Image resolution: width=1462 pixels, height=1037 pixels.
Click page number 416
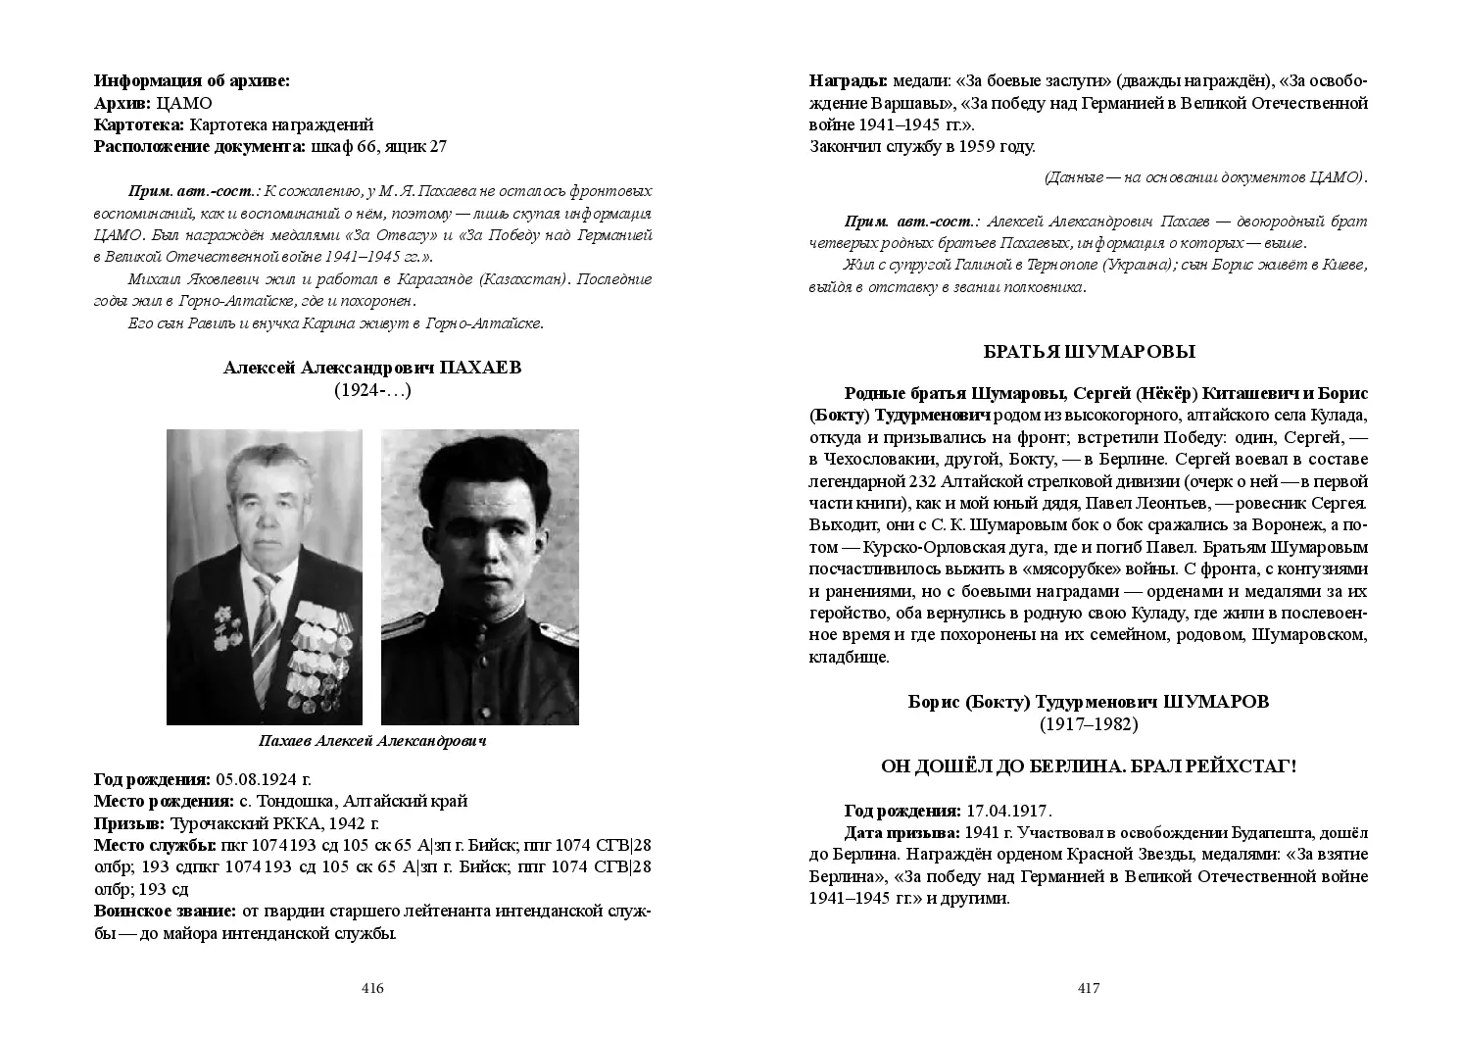(x=372, y=988)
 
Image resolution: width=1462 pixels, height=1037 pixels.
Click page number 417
(x=1089, y=988)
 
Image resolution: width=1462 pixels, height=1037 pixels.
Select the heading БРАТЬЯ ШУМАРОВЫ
(x=1089, y=352)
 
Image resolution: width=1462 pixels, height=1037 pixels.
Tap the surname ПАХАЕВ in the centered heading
(x=481, y=368)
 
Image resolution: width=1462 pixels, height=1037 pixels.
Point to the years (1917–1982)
(x=1089, y=724)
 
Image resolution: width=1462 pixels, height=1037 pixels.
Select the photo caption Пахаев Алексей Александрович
(x=372, y=741)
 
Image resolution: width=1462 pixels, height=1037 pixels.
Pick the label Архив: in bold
(x=122, y=103)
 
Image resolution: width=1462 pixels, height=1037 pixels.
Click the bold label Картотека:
(x=139, y=124)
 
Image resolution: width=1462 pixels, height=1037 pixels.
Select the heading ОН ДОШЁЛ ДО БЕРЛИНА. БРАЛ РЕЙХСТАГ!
(x=1089, y=766)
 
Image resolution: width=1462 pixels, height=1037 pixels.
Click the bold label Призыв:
(x=129, y=822)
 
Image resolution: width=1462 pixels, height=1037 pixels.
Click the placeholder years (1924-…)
(x=372, y=390)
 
